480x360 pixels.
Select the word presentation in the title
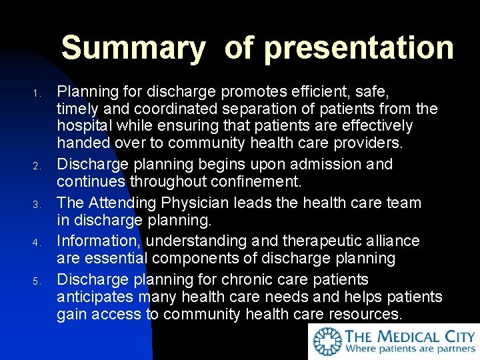coord(359,49)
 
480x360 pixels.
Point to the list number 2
coord(39,165)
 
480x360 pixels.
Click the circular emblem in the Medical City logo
coord(327,341)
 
